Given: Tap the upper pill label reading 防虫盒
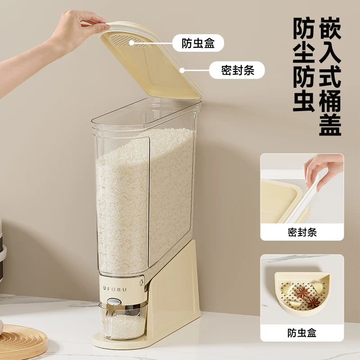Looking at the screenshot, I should (x=198, y=44).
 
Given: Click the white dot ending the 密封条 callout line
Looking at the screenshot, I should (x=182, y=70).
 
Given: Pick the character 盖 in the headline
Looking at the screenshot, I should (x=331, y=124).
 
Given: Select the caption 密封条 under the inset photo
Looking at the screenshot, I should (x=302, y=232).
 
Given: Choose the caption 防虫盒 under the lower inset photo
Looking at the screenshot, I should (x=302, y=333).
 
